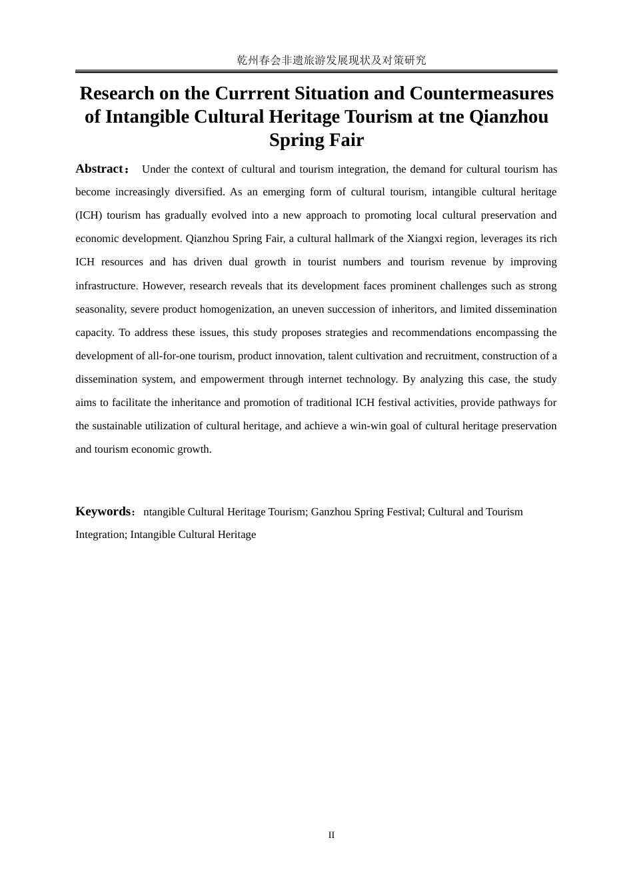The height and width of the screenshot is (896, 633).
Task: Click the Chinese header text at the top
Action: [331, 60]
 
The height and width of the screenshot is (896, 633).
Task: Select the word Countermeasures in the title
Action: [481, 93]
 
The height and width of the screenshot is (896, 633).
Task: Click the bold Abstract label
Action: [99, 169]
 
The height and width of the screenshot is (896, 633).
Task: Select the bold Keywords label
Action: [103, 511]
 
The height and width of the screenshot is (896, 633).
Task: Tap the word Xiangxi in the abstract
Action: [424, 239]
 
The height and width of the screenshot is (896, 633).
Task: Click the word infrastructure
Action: [106, 286]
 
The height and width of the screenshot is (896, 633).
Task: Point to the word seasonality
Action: [100, 309]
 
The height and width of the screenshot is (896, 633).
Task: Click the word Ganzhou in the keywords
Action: [330, 512]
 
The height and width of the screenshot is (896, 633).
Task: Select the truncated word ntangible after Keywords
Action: [164, 512]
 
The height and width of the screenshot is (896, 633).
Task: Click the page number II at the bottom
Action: [331, 835]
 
